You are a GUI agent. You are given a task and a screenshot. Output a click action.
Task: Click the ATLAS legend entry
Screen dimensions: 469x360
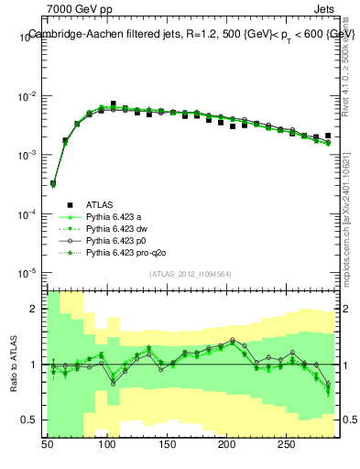(100, 204)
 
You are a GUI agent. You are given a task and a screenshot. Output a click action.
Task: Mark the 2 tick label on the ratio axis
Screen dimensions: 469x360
(35, 309)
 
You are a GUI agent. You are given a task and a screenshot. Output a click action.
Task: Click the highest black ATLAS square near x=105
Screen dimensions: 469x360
(114, 104)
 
